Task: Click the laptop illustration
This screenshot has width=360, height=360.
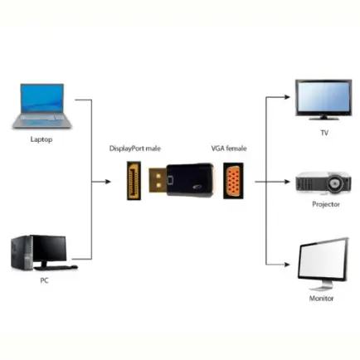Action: click(x=41, y=106)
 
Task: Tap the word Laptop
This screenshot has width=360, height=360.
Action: click(x=41, y=139)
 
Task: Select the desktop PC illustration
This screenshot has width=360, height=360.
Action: click(x=44, y=253)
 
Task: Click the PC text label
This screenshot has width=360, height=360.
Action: click(x=44, y=280)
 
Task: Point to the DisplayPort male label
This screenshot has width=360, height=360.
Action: click(x=135, y=148)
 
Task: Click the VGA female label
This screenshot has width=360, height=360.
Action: click(x=229, y=148)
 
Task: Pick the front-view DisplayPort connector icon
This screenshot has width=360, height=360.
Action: click(x=134, y=181)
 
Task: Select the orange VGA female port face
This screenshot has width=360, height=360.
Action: click(x=233, y=181)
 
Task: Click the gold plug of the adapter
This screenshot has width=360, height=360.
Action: click(x=158, y=180)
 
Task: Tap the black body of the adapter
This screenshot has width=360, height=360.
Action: click(x=190, y=180)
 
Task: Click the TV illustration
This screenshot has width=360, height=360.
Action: click(x=324, y=100)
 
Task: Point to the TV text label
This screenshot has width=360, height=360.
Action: click(x=324, y=133)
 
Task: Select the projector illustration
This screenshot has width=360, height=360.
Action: click(x=324, y=182)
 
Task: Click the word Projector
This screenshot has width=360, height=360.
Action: click(x=326, y=204)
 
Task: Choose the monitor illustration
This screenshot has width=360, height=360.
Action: click(x=323, y=264)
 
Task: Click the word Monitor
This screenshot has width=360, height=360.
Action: click(x=321, y=299)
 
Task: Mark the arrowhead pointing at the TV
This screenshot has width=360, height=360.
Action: click(x=287, y=97)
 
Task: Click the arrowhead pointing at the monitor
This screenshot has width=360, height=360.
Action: click(x=287, y=265)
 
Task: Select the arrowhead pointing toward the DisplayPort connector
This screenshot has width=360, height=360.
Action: click(x=108, y=182)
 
